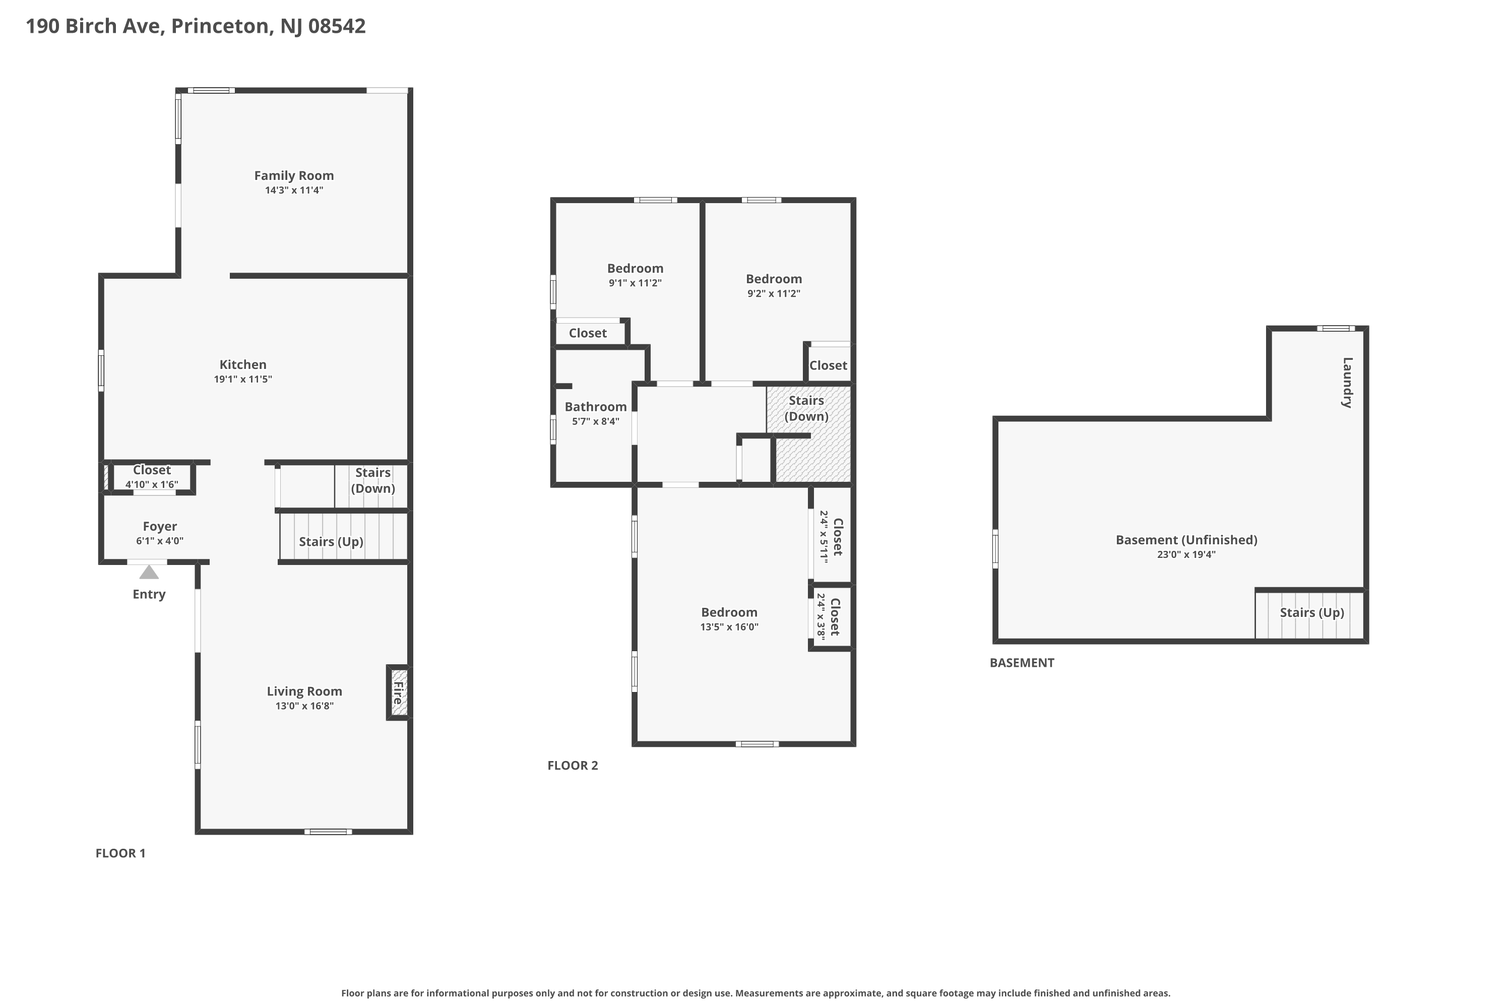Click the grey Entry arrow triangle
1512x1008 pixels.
pos(149,572)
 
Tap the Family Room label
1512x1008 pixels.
pos(294,175)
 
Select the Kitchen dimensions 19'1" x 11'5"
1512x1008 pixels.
pos(243,380)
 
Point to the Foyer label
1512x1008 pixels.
pos(160,527)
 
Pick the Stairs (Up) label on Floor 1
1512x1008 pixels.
pos(331,542)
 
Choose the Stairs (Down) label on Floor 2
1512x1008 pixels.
pos(806,408)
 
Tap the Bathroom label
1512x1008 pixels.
pos(596,407)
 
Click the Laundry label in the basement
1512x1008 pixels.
pos(1347,383)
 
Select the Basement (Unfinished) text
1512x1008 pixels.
pos(1187,540)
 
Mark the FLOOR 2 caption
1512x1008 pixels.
pos(573,766)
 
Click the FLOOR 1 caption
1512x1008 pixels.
pos(121,853)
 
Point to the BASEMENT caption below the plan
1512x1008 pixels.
pos(1022,663)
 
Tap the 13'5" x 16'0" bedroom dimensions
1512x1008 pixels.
pos(730,627)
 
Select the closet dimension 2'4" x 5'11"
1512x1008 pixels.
pos(824,537)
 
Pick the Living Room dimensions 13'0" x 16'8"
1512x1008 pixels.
pos(305,706)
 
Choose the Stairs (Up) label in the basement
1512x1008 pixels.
pos(1312,613)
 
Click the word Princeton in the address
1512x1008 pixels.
pos(220,26)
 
